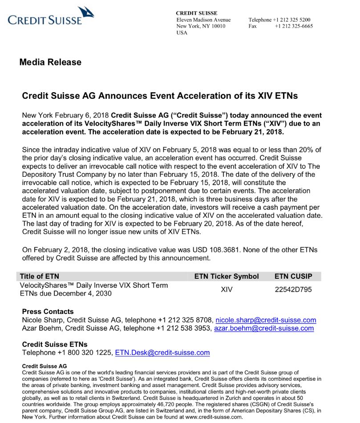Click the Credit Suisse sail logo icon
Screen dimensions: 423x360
(85, 12)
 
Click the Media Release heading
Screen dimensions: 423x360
(50, 62)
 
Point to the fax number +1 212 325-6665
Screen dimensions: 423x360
(294, 26)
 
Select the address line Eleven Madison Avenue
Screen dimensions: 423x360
(203, 20)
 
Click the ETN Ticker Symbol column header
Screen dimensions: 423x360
(227, 277)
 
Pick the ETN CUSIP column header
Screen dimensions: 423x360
(293, 277)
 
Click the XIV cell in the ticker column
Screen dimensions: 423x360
(227, 289)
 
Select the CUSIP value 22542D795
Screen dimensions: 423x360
(293, 289)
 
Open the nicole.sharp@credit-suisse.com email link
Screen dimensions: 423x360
(266, 320)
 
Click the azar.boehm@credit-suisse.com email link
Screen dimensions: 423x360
(264, 329)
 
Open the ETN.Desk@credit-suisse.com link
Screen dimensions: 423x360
(162, 353)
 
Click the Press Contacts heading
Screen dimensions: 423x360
(48, 312)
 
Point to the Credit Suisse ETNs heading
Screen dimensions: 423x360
(54, 344)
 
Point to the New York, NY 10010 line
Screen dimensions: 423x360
(201, 26)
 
